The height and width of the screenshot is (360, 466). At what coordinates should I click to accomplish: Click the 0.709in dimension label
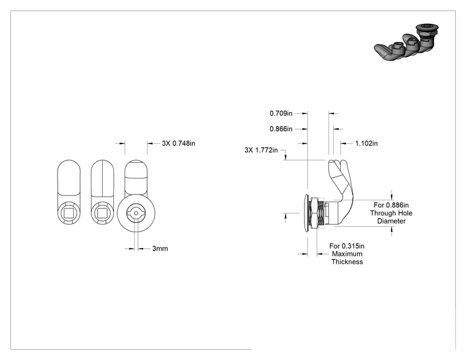[281, 113]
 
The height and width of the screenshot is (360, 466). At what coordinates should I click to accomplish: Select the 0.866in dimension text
[281, 129]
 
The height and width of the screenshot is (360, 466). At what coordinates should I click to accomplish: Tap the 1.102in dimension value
[366, 143]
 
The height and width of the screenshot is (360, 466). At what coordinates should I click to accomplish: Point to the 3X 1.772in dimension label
[261, 150]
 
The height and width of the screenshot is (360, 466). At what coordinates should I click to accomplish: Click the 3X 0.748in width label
[179, 143]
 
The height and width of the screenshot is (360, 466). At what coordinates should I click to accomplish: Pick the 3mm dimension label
[160, 249]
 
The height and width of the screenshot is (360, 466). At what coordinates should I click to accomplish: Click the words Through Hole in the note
[391, 213]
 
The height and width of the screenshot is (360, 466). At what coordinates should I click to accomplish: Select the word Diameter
[391, 221]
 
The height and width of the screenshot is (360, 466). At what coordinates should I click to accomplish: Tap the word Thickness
[347, 262]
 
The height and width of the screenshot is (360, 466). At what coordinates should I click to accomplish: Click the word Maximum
[347, 254]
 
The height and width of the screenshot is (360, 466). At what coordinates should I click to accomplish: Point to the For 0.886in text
[391, 205]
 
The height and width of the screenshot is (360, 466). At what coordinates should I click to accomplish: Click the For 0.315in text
[347, 246]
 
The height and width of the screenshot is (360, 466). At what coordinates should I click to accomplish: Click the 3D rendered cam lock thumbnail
[406, 43]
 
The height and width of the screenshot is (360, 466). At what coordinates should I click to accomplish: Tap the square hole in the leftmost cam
[69, 213]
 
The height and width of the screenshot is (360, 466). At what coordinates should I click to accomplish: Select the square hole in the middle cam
[102, 213]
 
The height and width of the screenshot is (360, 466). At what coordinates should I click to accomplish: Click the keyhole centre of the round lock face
[136, 213]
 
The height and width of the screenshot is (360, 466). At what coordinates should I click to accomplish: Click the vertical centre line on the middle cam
[102, 178]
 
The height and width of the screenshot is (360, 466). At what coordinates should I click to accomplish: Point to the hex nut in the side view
[313, 213]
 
